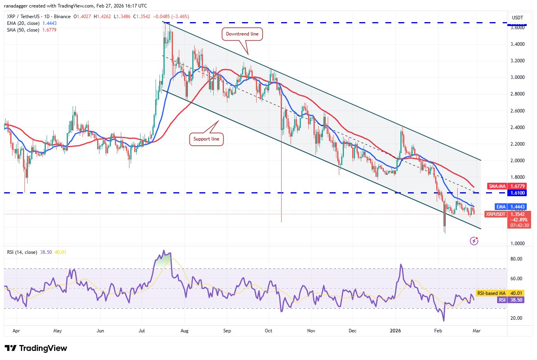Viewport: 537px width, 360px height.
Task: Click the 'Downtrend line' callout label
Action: (242, 34)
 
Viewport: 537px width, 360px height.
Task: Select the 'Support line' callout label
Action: (206, 139)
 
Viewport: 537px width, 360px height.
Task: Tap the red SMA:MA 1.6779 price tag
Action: (507, 186)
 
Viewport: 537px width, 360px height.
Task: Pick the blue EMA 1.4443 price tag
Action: (507, 206)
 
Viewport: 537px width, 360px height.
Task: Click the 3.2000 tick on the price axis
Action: (517, 61)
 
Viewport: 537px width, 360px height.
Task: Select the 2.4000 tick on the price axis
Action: (517, 127)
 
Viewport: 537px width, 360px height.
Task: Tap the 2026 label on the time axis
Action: (395, 331)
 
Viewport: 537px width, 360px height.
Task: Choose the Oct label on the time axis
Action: (268, 331)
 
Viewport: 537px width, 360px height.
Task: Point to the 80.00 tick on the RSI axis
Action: (516, 259)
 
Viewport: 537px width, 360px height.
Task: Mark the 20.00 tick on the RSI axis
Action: (516, 318)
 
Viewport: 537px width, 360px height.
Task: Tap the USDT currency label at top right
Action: (517, 18)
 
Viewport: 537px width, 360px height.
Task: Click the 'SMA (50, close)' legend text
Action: (23, 30)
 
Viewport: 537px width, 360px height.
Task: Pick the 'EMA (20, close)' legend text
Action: (23, 23)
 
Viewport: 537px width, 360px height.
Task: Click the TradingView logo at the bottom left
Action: (36, 348)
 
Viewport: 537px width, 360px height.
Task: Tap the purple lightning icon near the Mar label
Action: (474, 240)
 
